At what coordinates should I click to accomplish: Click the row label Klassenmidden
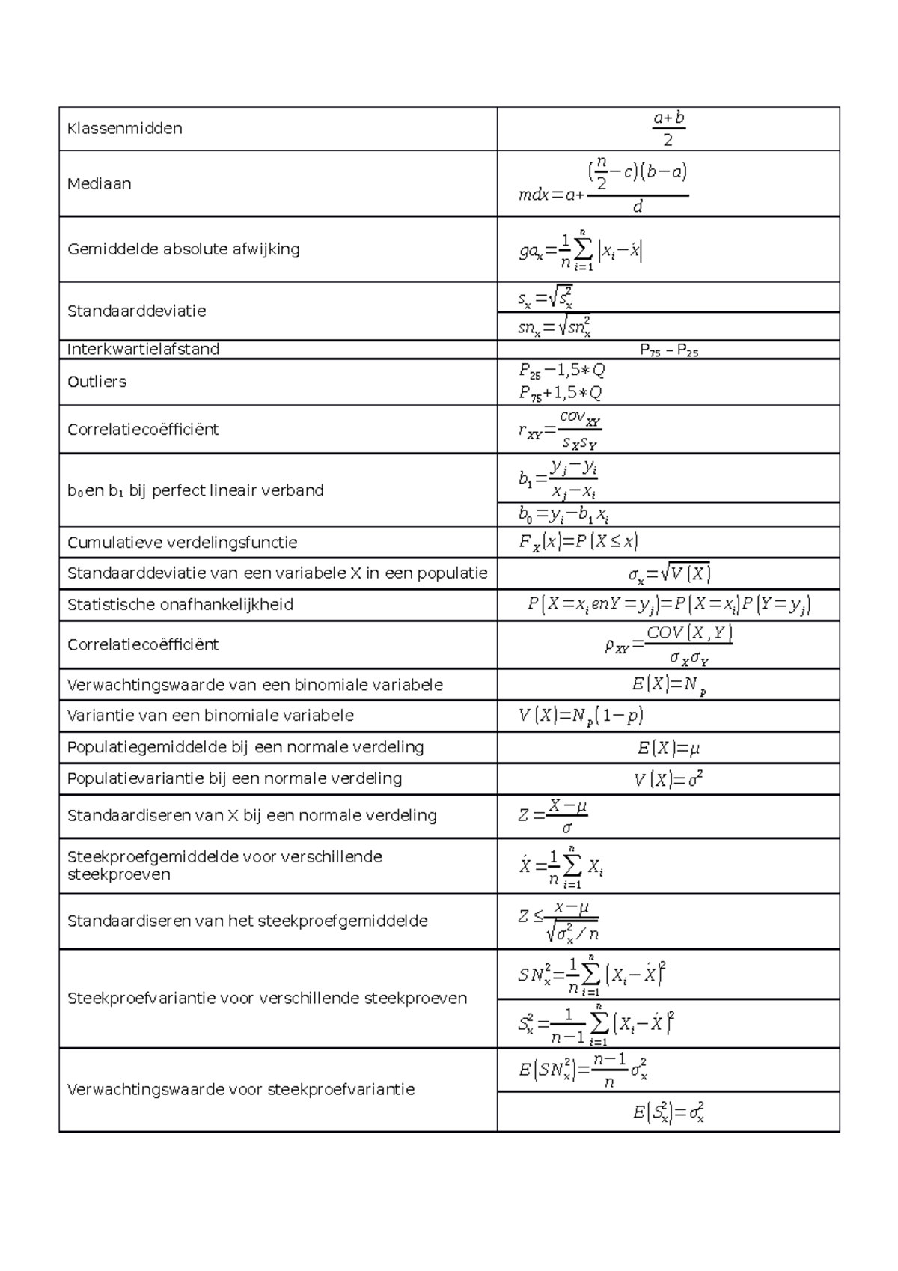[125, 128]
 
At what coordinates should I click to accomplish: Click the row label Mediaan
[100, 183]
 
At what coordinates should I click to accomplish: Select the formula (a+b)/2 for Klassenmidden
[668, 129]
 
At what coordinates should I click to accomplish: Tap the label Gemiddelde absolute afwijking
[183, 249]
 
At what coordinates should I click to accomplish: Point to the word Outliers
[97, 382]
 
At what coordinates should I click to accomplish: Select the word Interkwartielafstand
[143, 349]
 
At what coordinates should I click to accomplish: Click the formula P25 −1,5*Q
[562, 371]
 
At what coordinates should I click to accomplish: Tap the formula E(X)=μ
[668, 748]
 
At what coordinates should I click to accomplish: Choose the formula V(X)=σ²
[668, 779]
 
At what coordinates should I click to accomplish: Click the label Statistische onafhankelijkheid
[180, 604]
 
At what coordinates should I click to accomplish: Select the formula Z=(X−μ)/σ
[553, 816]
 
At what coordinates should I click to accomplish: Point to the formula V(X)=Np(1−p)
[581, 716]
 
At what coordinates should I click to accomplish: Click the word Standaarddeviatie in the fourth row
[137, 311]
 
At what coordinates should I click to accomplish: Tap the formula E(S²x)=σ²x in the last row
[668, 1112]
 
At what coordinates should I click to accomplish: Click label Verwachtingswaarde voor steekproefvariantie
[241, 1089]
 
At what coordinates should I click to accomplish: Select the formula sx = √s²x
[546, 299]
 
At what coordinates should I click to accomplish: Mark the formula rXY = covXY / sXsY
[561, 430]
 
